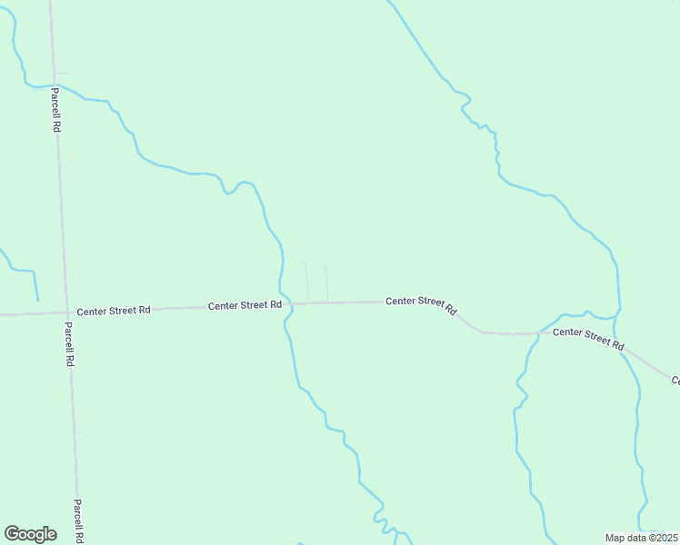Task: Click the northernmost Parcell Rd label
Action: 55,110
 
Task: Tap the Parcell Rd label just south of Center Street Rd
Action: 68,343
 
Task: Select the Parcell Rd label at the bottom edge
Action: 79,521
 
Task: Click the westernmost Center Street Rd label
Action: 114,311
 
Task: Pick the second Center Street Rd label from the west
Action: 245,306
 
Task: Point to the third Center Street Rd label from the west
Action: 421,305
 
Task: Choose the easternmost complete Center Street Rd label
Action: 589,338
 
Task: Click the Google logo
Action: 30,533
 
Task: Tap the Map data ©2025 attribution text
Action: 640,538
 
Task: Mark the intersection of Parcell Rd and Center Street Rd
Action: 65,312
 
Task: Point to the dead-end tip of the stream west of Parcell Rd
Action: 38,300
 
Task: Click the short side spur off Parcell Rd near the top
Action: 61,74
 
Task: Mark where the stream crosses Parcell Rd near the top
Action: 54,85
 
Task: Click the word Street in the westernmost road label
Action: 114,311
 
